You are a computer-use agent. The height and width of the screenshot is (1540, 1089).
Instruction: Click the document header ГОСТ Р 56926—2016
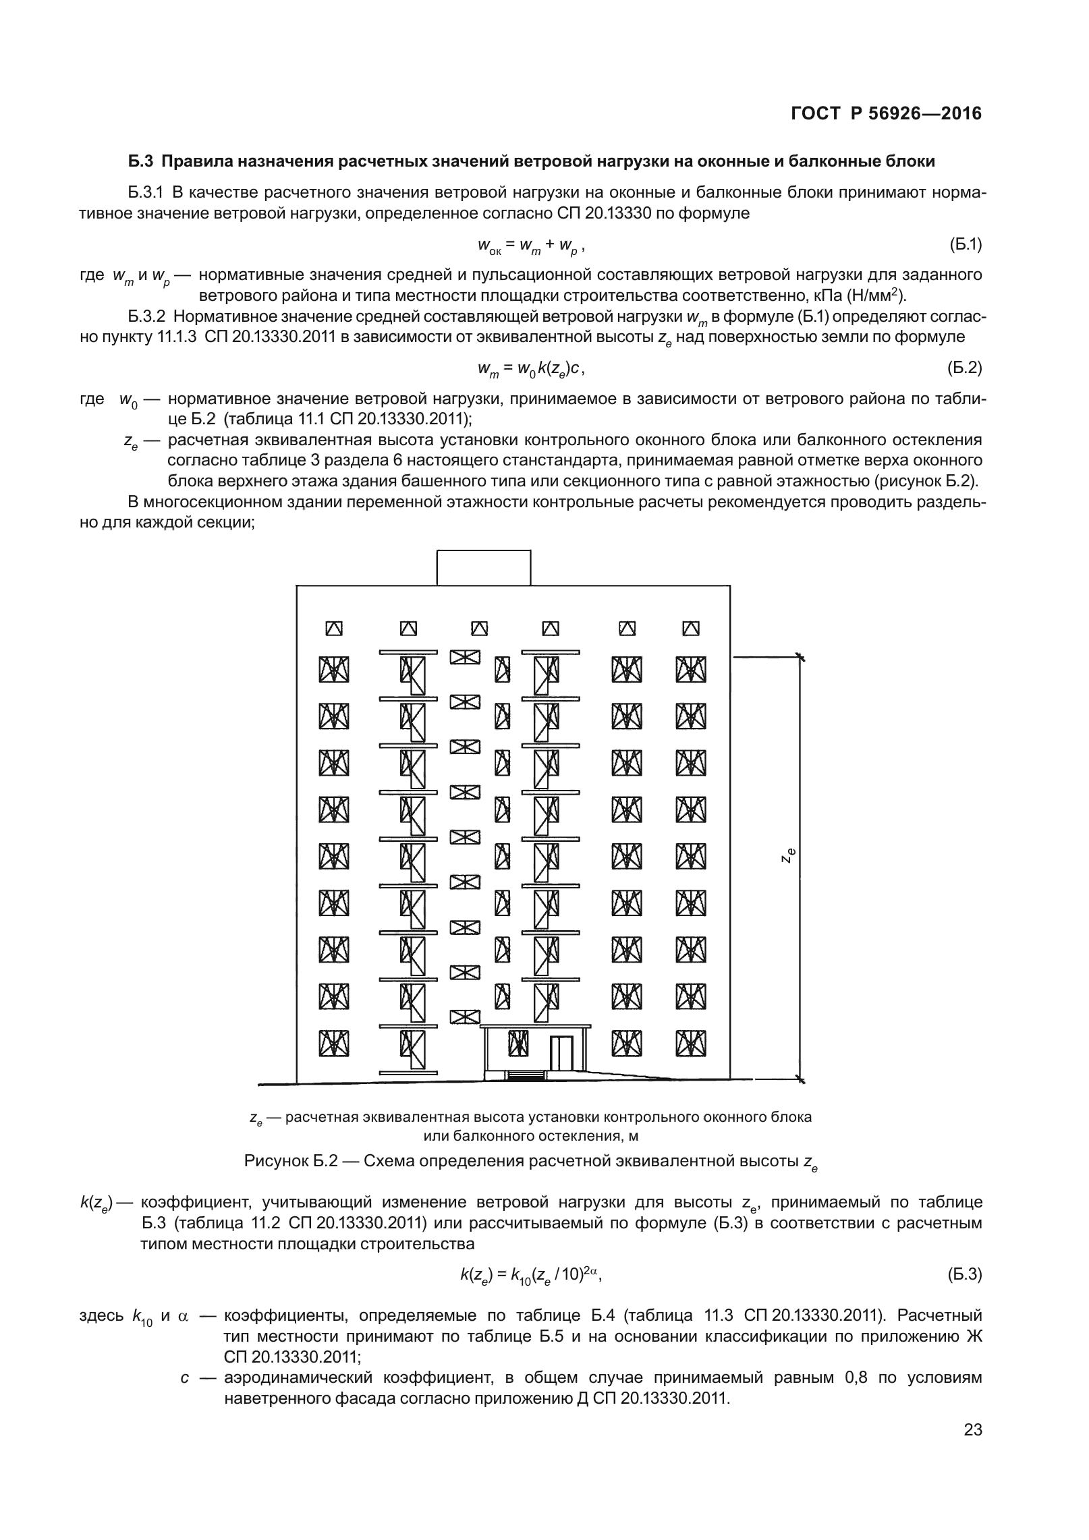click(886, 114)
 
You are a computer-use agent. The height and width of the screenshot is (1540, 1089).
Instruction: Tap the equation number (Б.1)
click(964, 245)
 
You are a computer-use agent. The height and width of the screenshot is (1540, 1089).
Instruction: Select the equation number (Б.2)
click(964, 368)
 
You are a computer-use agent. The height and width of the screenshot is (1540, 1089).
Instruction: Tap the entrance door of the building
click(561, 1054)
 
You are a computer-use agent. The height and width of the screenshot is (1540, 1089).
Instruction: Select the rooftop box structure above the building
click(483, 567)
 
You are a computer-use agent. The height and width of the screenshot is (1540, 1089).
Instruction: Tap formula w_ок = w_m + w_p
click(530, 246)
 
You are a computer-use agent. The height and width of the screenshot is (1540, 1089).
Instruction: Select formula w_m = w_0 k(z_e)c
click(530, 368)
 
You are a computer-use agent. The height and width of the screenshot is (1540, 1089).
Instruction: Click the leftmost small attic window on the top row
click(334, 629)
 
